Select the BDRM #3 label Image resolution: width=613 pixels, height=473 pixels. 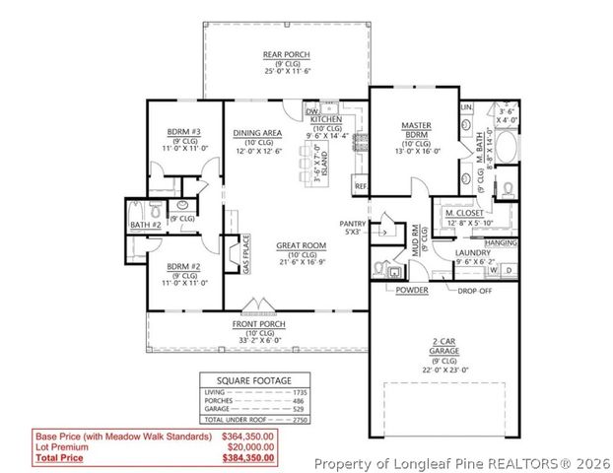click(183, 132)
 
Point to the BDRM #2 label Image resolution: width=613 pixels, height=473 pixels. click(183, 267)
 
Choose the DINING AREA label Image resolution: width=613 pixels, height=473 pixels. click(258, 133)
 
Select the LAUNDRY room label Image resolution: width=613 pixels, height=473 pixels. click(472, 253)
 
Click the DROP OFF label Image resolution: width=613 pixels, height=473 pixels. click(472, 291)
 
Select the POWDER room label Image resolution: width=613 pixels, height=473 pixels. click(411, 291)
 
